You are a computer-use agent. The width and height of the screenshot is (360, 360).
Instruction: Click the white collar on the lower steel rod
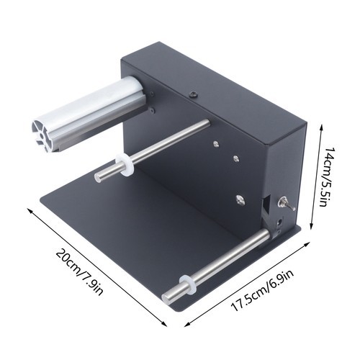(x=186, y=285)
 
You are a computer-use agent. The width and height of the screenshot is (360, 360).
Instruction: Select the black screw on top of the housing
(x=193, y=94)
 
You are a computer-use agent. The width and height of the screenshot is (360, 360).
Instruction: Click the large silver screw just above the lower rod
(x=240, y=199)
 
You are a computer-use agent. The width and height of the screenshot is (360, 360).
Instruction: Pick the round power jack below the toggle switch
(x=279, y=222)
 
